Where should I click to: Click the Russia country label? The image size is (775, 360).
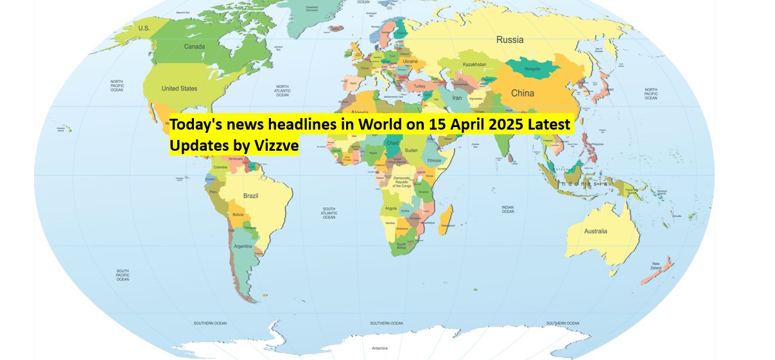(x=510, y=40)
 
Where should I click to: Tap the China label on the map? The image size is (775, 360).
(x=522, y=93)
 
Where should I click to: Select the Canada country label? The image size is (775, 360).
(x=195, y=47)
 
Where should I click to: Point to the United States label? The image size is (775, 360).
(x=179, y=89)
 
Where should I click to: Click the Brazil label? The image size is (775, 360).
(x=250, y=196)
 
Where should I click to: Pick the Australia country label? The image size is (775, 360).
(x=595, y=231)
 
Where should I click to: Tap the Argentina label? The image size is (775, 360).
(x=243, y=246)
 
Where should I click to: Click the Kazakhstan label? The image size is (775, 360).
(x=475, y=64)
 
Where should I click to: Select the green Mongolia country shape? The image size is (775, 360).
(x=532, y=67)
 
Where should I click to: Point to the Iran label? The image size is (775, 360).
(x=457, y=98)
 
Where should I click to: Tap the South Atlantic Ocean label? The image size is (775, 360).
(x=329, y=213)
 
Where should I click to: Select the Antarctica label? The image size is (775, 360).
(x=379, y=348)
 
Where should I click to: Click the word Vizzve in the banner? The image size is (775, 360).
(x=275, y=146)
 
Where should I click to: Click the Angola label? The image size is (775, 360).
(x=390, y=208)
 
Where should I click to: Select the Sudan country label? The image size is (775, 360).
(x=411, y=150)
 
